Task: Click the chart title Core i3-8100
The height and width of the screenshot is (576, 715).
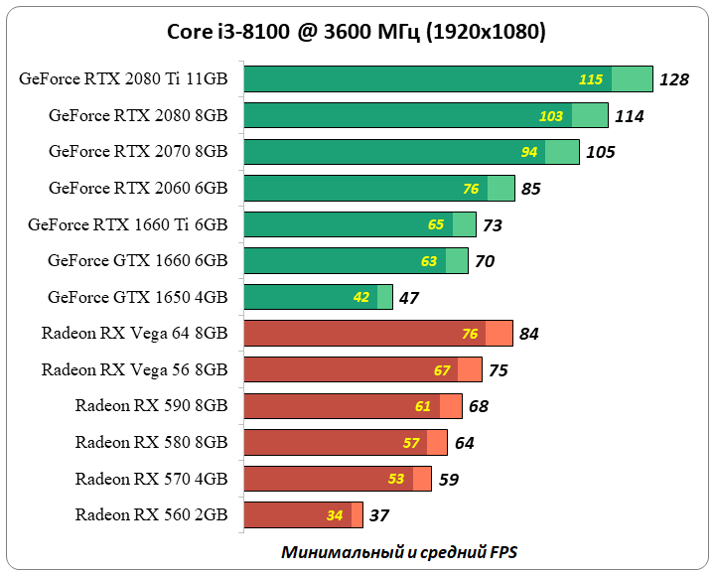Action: pyautogui.click(x=357, y=32)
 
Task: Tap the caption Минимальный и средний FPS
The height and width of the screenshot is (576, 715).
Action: pyautogui.click(x=399, y=551)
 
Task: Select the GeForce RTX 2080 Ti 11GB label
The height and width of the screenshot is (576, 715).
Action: pyautogui.click(x=123, y=79)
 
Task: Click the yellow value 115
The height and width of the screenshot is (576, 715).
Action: pyautogui.click(x=591, y=79)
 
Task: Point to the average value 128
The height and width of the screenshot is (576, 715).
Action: pyautogui.click(x=673, y=79)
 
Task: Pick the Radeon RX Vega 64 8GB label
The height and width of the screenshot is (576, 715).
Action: pyautogui.click(x=135, y=334)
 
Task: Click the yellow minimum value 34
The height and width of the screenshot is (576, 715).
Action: pyautogui.click(x=335, y=515)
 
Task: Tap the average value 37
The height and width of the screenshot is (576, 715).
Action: pyautogui.click(x=378, y=515)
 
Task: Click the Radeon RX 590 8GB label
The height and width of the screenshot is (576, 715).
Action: pyautogui.click(x=151, y=406)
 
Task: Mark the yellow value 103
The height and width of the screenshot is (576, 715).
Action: pyautogui.click(x=551, y=116)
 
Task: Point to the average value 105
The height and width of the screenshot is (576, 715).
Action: pyautogui.click(x=600, y=152)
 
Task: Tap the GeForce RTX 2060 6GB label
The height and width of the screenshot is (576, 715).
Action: pyautogui.click(x=138, y=188)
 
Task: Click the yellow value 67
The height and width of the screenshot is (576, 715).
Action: pyautogui.click(x=442, y=370)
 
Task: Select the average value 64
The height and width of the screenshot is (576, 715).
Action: pyautogui.click(x=464, y=443)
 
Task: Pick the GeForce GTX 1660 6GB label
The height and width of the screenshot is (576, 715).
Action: pyautogui.click(x=138, y=260)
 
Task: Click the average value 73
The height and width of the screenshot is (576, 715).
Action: pyautogui.click(x=493, y=225)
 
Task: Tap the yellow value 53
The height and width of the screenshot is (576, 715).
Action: pyautogui.click(x=396, y=480)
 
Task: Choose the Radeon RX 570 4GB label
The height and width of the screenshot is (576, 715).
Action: pyautogui.click(x=151, y=479)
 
